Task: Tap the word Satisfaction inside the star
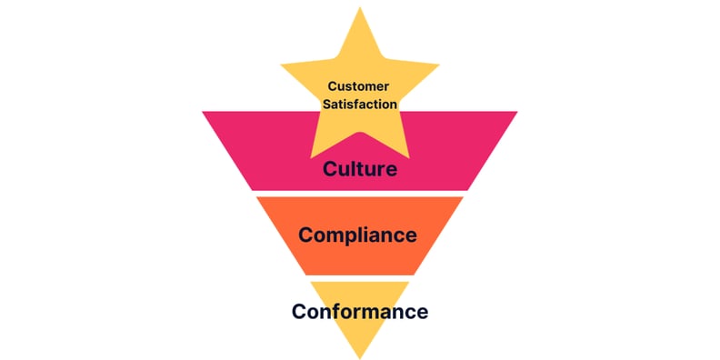(360, 104)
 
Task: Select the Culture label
(360, 169)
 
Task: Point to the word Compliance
(358, 235)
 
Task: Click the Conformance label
(360, 311)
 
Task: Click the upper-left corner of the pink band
(205, 113)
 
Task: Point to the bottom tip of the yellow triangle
(360, 355)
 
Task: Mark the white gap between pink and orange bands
(360, 193)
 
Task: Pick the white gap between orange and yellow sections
(360, 277)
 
